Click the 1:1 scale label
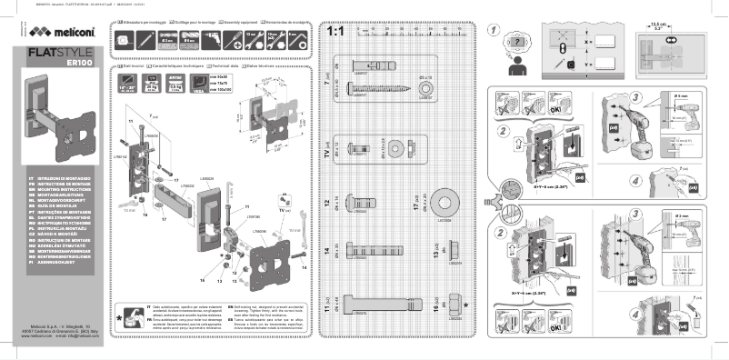(x=334, y=32)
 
